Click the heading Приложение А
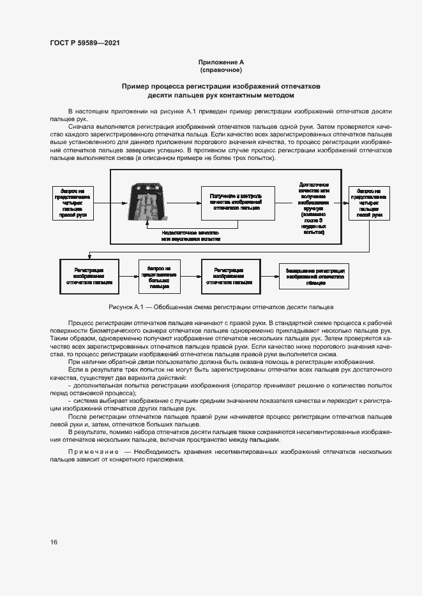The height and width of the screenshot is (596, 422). click(x=221, y=62)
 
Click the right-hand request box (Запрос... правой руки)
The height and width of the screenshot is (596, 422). click(x=77, y=203)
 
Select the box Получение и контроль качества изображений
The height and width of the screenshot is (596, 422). click(x=238, y=203)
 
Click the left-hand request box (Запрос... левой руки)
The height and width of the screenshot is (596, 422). click(x=368, y=203)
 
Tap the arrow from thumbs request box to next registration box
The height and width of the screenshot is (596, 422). click(x=190, y=277)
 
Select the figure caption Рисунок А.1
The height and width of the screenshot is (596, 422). click(x=221, y=306)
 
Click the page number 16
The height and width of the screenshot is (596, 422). click(x=54, y=542)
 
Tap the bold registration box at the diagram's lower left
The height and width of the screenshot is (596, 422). click(x=89, y=276)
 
